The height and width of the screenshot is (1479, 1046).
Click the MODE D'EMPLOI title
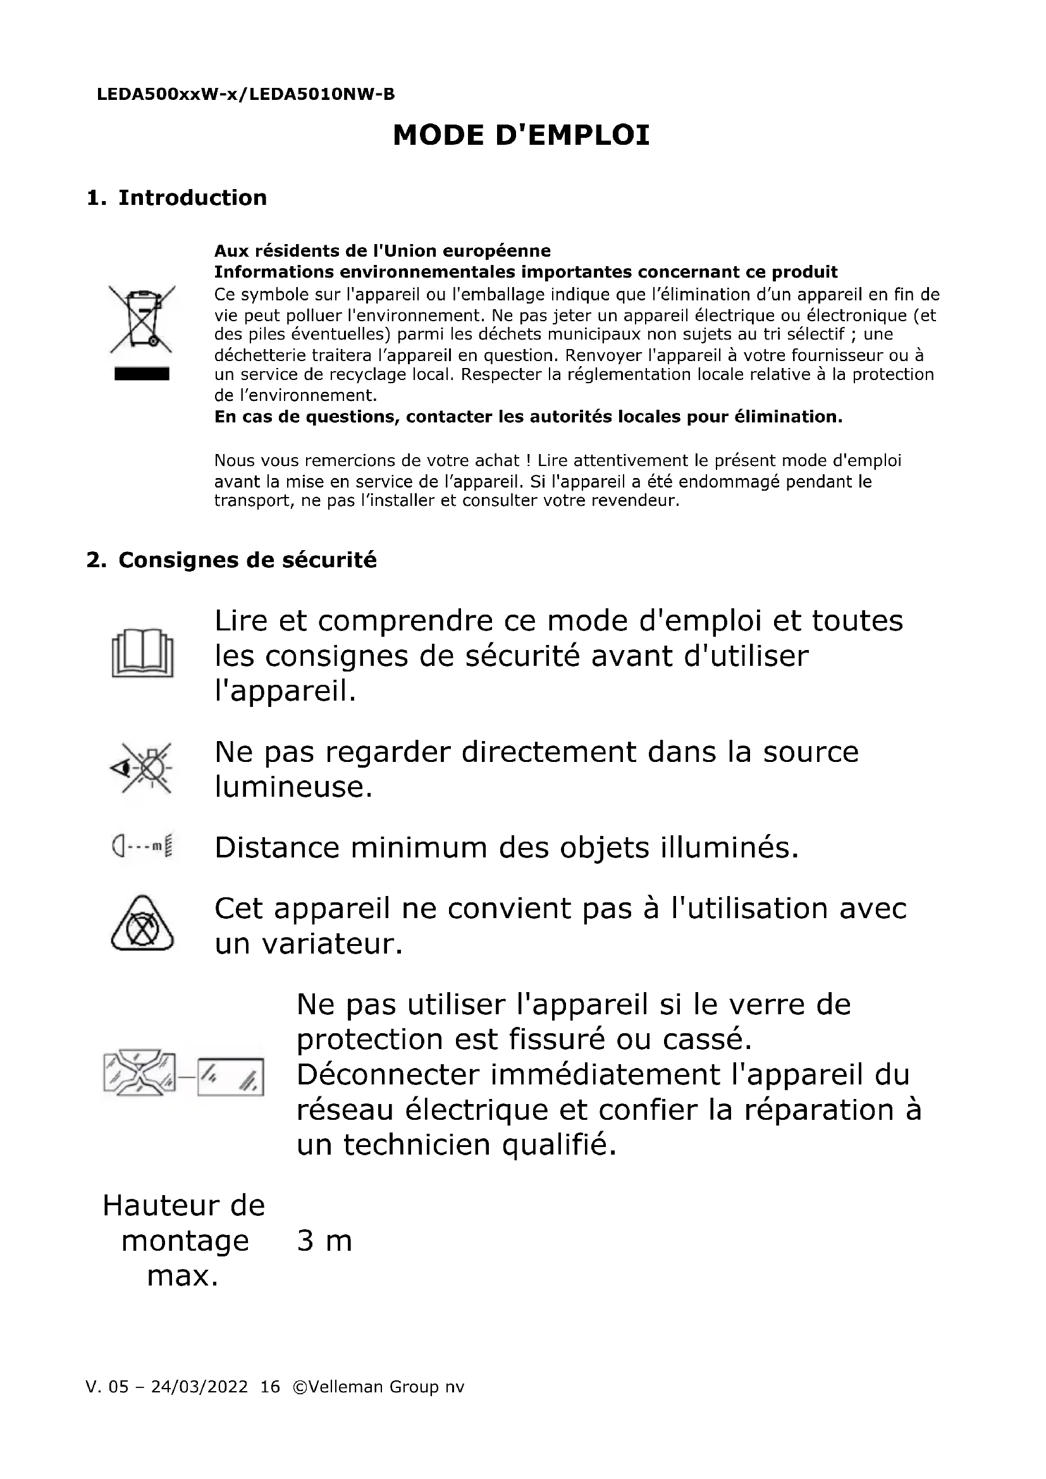point(521,135)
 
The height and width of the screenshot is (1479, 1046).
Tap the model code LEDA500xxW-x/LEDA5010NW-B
point(245,95)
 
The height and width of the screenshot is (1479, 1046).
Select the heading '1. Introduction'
point(176,198)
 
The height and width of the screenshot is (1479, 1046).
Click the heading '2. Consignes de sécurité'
point(231,560)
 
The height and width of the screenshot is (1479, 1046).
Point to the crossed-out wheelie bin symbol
point(142,319)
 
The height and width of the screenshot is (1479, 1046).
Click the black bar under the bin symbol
point(142,374)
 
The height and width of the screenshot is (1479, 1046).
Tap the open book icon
point(142,653)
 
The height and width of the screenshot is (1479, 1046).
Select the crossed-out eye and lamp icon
point(142,768)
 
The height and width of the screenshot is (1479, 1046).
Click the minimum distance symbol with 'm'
point(142,847)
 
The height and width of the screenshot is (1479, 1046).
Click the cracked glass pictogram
point(183,1075)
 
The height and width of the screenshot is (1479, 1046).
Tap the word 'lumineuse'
point(293,787)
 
